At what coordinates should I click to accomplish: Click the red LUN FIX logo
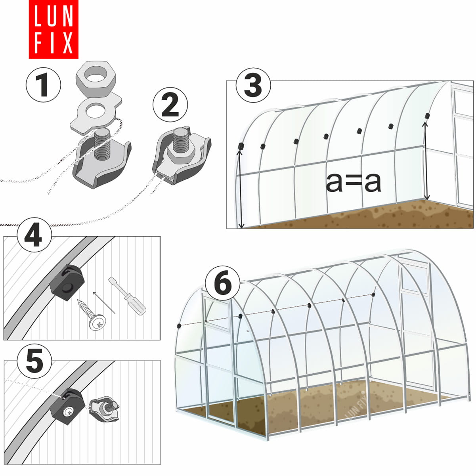click(x=54, y=29)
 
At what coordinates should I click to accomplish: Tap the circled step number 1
click(x=43, y=85)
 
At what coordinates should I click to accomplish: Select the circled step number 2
click(x=170, y=105)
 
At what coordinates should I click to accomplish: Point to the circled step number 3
click(x=253, y=85)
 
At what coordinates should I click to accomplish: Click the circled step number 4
click(x=34, y=235)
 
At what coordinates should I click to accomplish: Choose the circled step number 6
click(x=223, y=283)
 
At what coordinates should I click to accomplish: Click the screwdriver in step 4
click(x=128, y=296)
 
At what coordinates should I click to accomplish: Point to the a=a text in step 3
click(x=353, y=182)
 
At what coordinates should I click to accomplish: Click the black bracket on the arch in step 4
click(x=67, y=282)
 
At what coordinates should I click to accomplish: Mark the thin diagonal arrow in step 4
click(x=104, y=302)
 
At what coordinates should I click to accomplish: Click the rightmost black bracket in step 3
click(x=427, y=116)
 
